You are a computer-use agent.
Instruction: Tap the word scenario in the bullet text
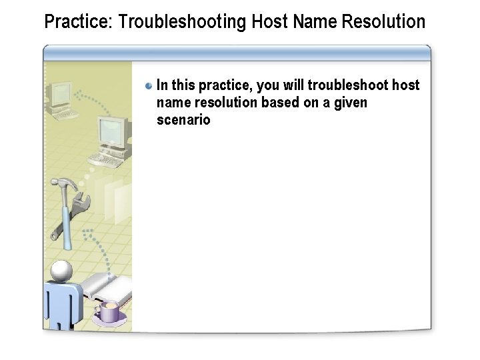click(x=183, y=120)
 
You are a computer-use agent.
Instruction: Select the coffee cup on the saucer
click(x=108, y=311)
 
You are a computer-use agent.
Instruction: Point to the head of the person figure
click(x=61, y=270)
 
